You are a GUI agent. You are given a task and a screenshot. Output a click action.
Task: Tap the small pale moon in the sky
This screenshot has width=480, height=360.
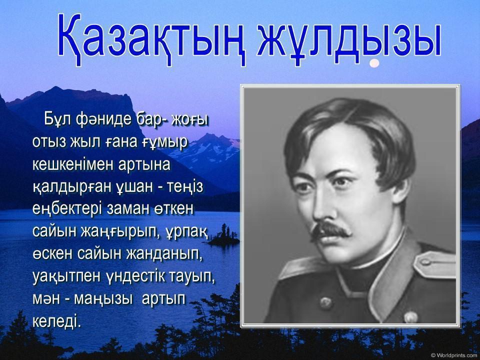click(374, 63)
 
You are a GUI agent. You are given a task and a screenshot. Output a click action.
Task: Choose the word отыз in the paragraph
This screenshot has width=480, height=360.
click(48, 142)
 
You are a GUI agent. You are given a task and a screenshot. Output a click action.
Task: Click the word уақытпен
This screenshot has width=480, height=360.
click(66, 277)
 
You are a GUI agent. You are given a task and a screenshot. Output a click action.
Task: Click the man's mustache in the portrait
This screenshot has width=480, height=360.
click(330, 230)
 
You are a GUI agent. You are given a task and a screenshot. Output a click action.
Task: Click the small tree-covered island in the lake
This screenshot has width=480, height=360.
click(223, 237)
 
